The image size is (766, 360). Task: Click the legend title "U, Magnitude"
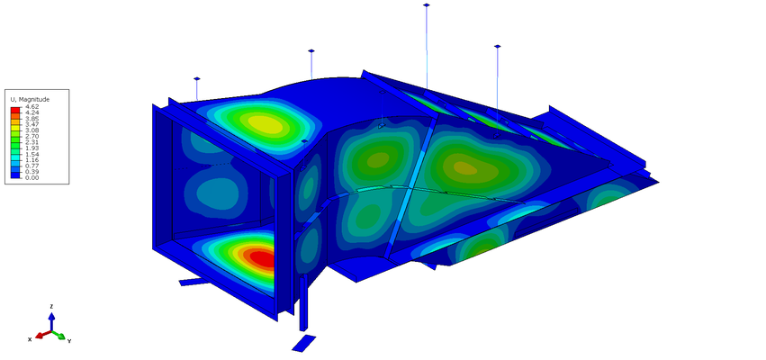30,100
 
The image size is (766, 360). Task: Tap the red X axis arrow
43,334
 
